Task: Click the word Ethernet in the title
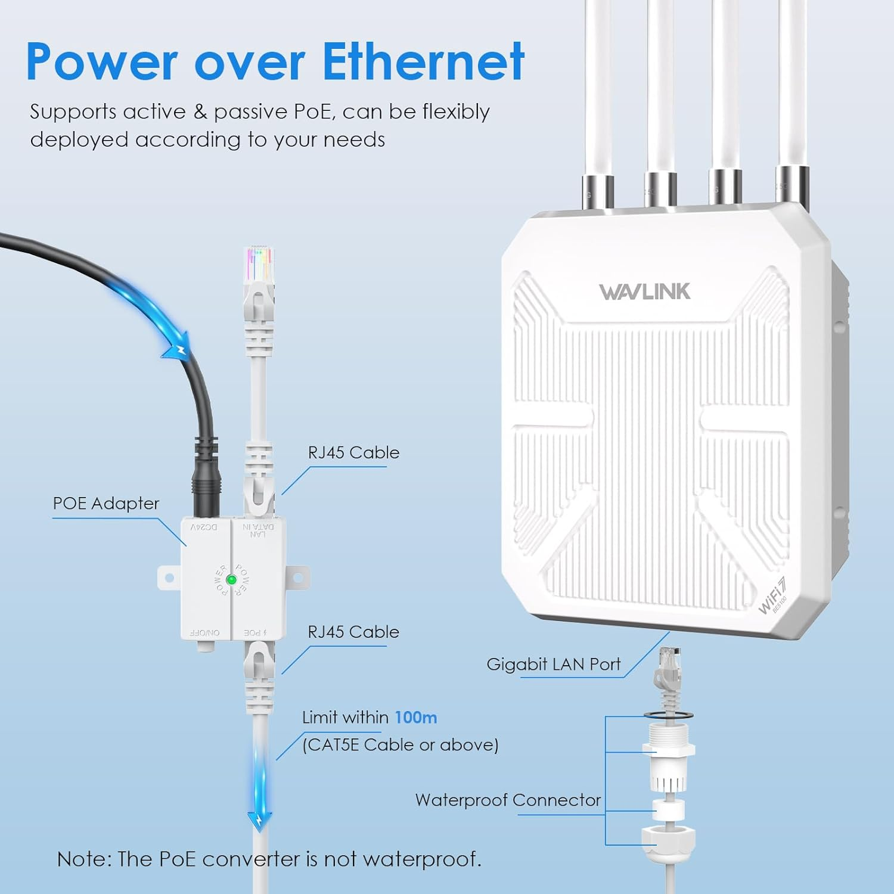[423, 61]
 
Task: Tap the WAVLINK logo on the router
[644, 291]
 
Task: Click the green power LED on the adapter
[232, 579]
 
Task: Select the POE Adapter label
[106, 504]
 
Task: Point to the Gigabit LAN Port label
[553, 664]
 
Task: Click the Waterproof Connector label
[508, 800]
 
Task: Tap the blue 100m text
[416, 717]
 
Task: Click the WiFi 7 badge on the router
[773, 595]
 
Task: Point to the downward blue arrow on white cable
[259, 819]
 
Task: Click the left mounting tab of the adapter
[169, 578]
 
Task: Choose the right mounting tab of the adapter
[298, 578]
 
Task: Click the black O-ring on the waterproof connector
[668, 714]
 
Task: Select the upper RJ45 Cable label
[353, 452]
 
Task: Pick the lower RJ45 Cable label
[353, 632]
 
